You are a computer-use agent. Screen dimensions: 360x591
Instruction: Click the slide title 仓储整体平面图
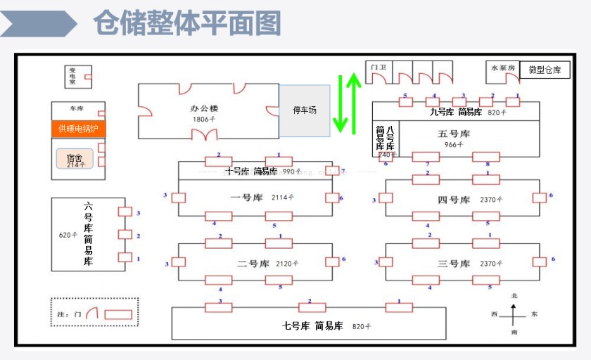point(187,22)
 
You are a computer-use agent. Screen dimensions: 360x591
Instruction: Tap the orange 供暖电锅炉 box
point(78,129)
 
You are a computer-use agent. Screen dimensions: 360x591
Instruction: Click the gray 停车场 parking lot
point(305,110)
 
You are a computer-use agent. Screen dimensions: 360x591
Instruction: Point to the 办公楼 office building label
point(204,109)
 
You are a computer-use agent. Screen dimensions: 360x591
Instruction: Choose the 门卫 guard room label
point(379,67)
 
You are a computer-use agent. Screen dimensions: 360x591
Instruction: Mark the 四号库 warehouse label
point(453,200)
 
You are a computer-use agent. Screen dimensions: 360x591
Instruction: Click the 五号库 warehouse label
point(454,134)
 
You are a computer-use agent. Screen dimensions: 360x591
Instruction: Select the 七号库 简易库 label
point(313,326)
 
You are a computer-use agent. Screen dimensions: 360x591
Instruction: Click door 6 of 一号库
point(331,198)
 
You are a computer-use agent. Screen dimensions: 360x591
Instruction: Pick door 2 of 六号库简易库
point(125,235)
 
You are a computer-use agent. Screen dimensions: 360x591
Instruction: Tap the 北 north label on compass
point(514,297)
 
